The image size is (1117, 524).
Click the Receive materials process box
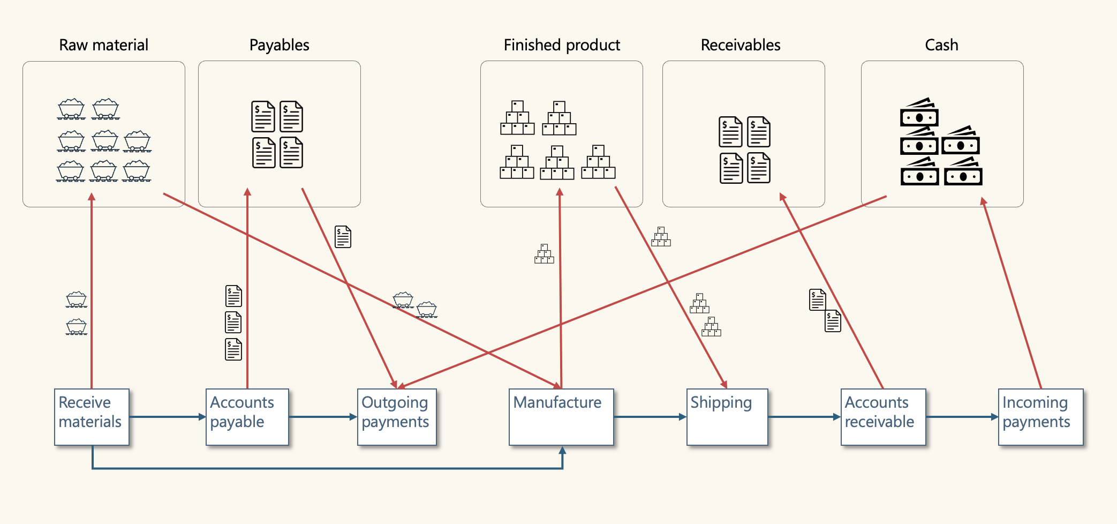[x=92, y=417]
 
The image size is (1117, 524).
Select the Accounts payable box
[x=247, y=417]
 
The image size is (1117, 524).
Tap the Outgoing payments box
[x=397, y=417]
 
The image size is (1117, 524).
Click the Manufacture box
[x=561, y=417]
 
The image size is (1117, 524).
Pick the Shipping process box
[x=727, y=417]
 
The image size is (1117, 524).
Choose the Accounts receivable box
[x=883, y=417]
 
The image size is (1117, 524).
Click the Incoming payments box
[x=1040, y=417]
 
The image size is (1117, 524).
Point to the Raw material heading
[x=103, y=45]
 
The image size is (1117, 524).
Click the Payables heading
[x=279, y=45]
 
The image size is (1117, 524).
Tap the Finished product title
[x=562, y=45]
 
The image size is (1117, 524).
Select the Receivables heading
[x=741, y=45]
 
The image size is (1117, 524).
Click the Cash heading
[x=941, y=45]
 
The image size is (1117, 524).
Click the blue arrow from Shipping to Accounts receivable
[x=804, y=417]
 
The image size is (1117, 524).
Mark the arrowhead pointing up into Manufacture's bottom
[x=562, y=451]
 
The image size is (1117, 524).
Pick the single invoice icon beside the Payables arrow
[x=343, y=237]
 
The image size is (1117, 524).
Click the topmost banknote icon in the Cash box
[x=919, y=112]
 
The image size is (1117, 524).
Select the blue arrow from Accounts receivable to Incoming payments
[x=962, y=417]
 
